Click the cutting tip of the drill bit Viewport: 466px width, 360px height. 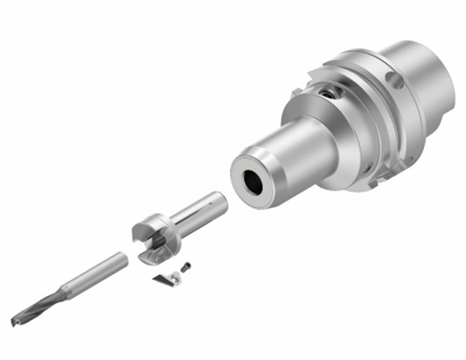14,322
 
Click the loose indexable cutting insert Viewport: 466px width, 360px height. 165,279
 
